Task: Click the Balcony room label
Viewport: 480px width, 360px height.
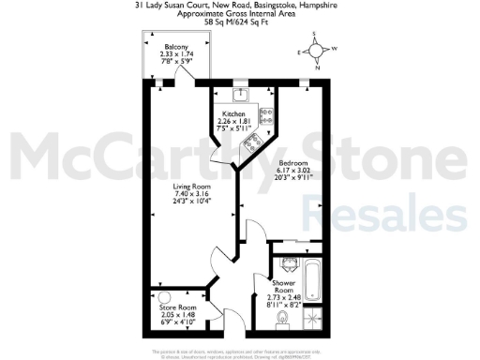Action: [176, 47]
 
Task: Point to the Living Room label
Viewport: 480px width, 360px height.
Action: [190, 186]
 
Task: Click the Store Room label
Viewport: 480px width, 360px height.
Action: [176, 307]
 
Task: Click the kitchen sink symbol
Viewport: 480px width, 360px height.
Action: [241, 94]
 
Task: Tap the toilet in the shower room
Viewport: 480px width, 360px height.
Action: [283, 319]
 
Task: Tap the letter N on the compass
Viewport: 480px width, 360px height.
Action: [319, 67]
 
